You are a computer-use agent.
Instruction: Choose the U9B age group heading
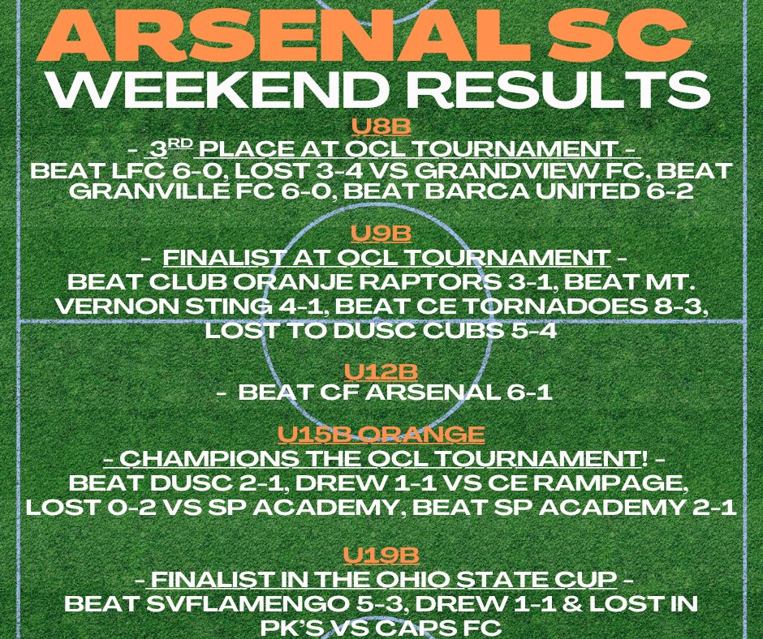(x=381, y=234)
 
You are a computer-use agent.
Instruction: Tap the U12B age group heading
(x=381, y=371)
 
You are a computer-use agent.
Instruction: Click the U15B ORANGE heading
(x=381, y=433)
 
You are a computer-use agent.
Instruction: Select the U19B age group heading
(x=381, y=555)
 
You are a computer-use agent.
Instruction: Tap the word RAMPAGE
(x=597, y=483)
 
